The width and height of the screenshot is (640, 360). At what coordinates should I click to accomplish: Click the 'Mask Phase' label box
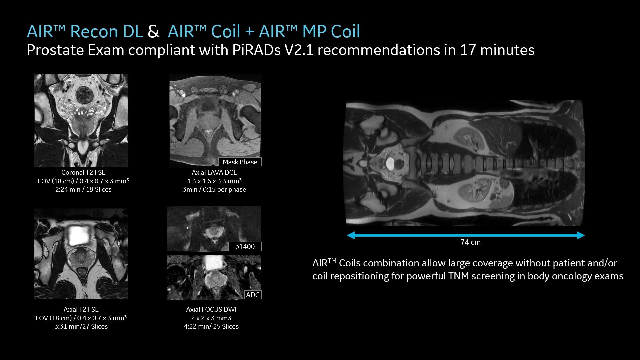240,162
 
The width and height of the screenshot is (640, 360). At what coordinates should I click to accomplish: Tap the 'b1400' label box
245,246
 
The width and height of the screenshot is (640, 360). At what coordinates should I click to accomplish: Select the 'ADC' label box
253,295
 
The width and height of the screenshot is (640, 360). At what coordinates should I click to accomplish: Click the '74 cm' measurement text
471,242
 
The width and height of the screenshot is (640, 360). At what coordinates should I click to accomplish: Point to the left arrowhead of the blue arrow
351,235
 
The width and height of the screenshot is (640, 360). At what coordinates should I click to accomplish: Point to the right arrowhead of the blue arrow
581,235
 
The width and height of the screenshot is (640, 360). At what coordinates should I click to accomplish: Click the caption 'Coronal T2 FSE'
83,172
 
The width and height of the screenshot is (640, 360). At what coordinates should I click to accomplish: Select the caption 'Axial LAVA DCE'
214,172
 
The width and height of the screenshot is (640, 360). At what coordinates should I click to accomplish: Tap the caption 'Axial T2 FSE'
81,309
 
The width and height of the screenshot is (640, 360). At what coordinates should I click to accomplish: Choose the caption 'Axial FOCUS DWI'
211,309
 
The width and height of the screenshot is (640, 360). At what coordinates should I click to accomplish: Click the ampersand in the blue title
153,32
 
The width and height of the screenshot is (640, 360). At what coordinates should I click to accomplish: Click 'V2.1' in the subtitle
299,50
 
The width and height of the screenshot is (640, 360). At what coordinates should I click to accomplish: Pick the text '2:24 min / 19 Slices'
83,189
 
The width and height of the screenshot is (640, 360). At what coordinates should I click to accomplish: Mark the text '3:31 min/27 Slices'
81,326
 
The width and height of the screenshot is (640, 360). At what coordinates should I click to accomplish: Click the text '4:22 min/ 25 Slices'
211,326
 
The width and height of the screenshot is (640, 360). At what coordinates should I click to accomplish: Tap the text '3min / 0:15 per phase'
214,189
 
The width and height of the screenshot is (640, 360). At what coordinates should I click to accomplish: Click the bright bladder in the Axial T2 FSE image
78,235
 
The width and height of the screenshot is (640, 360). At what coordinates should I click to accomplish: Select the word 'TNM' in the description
459,276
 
